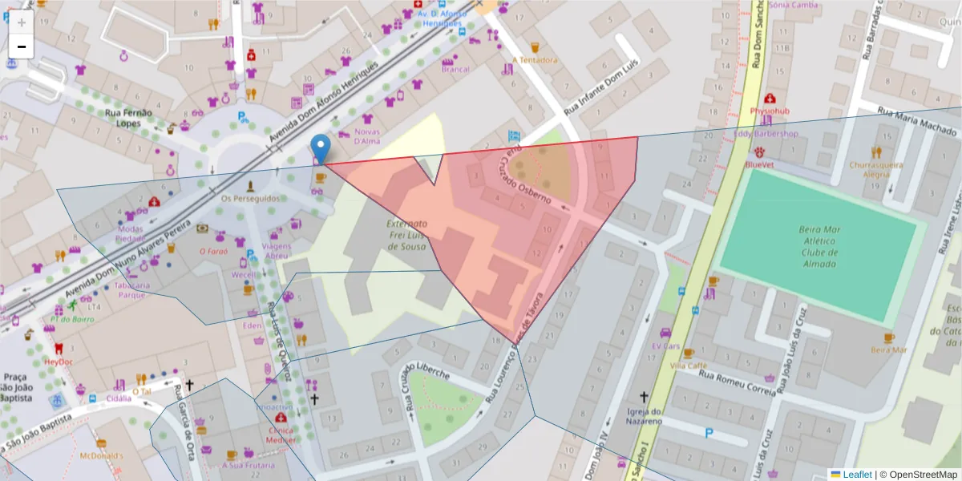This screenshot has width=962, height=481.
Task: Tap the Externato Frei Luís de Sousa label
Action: click(406, 235)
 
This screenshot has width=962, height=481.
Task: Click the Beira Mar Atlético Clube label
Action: click(818, 246)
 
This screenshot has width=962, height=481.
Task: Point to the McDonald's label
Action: click(102, 456)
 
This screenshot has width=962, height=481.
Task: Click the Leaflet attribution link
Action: click(857, 475)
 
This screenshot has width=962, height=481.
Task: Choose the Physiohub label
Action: click(770, 111)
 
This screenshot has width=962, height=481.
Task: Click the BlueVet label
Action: click(758, 164)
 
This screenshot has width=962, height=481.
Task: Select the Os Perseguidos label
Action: click(250, 198)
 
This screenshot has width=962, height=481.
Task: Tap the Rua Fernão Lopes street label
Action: click(123, 118)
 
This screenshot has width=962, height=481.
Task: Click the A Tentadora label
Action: click(535, 60)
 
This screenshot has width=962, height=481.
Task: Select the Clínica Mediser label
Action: click(281, 434)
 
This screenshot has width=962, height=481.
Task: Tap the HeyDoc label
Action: click(59, 362)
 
